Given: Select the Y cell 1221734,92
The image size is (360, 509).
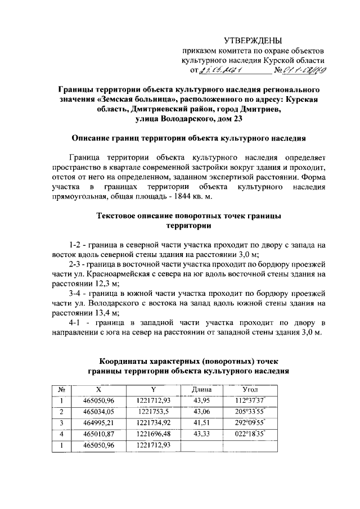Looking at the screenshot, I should click(x=153, y=423).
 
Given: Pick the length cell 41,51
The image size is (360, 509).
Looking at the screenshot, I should click(x=201, y=423).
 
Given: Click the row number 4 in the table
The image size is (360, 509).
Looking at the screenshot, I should click(x=60, y=434).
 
